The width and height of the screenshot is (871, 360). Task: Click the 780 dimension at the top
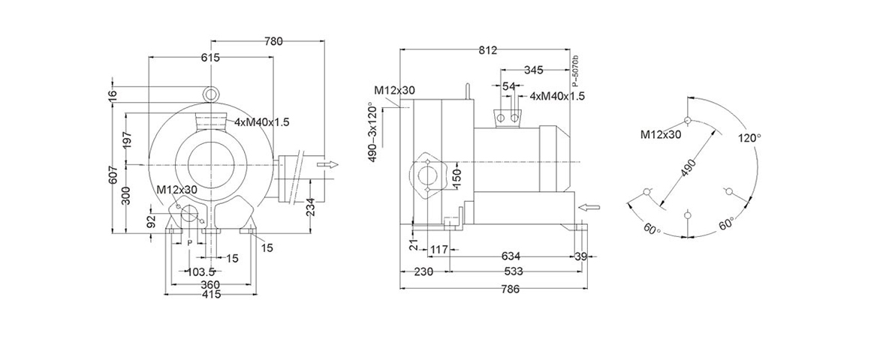click(273, 41)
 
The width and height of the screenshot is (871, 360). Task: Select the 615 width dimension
click(210, 58)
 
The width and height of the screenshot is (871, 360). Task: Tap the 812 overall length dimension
click(487, 50)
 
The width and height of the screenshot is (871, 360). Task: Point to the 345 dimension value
click(533, 70)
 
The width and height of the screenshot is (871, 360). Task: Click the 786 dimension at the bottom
click(510, 289)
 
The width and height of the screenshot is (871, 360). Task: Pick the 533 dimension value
click(513, 271)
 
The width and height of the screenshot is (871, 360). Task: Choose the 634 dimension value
click(511, 256)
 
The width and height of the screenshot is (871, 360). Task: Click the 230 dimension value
click(423, 271)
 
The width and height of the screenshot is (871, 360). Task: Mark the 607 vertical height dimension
click(112, 175)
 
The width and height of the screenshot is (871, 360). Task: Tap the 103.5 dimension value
click(200, 271)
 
